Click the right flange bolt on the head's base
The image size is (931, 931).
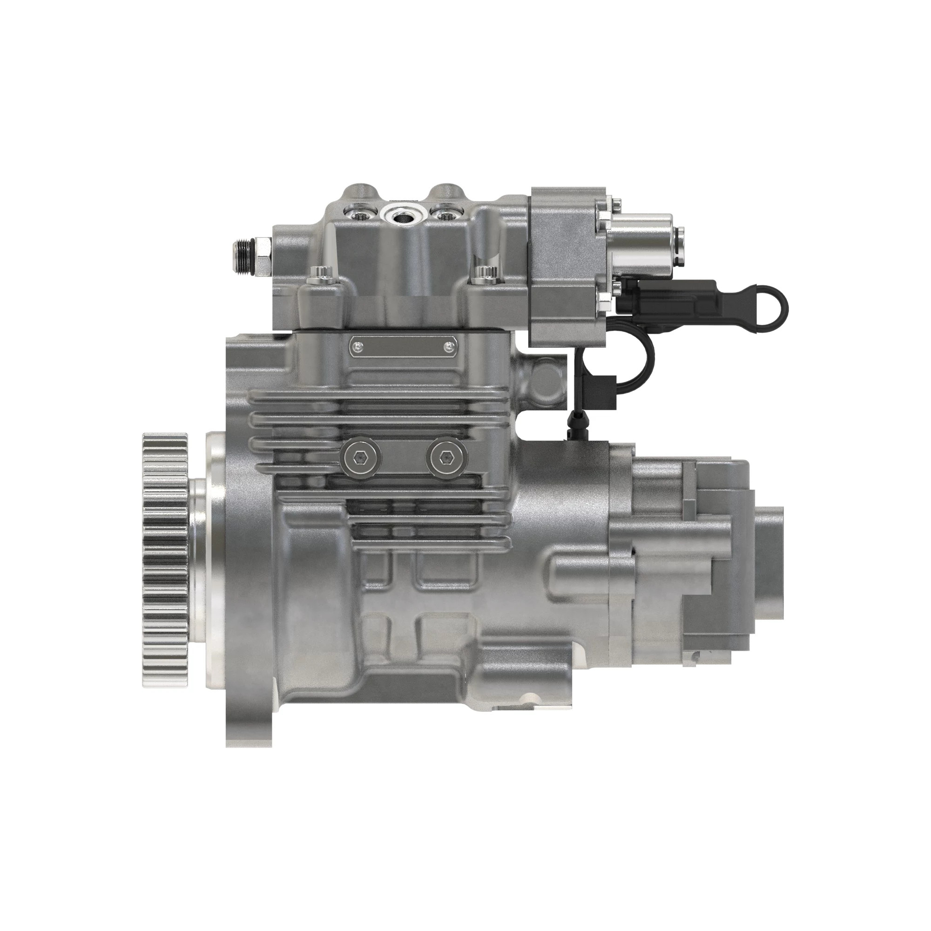tap(482, 277)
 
